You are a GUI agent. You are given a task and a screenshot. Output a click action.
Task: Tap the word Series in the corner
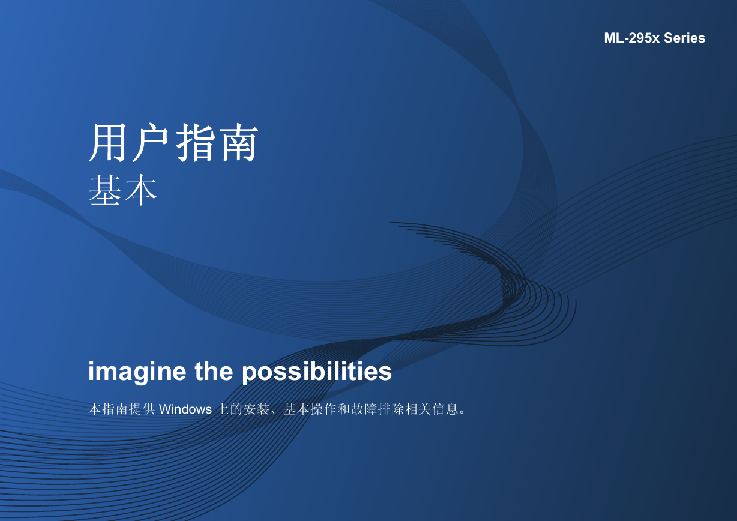coord(684,38)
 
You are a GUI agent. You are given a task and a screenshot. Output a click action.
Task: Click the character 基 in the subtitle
coord(104,190)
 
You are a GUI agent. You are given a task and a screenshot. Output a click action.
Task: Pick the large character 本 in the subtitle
coord(140,190)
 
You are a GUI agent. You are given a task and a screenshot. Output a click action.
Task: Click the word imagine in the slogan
coord(137,372)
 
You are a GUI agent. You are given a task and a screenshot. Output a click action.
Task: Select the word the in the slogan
coord(214,371)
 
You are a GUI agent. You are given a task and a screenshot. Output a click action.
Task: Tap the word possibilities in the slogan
coord(317,372)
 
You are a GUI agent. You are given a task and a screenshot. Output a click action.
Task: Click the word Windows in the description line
coord(185,409)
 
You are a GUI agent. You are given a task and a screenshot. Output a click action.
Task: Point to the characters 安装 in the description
coord(256,409)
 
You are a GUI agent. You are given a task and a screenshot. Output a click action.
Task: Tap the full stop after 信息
coord(462,413)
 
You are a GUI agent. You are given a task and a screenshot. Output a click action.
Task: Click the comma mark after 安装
coord(274,413)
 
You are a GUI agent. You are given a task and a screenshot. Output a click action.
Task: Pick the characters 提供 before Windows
coord(142,409)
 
